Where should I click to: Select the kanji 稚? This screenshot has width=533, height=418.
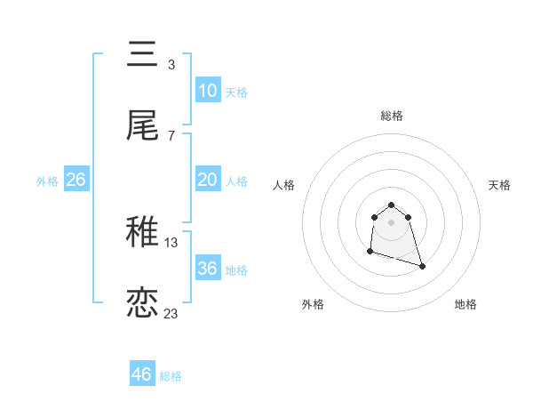coord(142,234)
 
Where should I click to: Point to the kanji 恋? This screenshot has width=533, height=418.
coord(142,302)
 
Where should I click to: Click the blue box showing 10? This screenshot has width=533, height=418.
coord(207,91)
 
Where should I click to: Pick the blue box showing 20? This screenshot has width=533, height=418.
coord(207,180)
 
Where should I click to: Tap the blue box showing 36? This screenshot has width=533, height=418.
coord(207,269)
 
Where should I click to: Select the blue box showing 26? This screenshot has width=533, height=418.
coord(76,180)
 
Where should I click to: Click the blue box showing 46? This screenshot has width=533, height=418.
coord(141,374)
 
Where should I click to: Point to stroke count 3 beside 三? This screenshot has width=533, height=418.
coord(171,64)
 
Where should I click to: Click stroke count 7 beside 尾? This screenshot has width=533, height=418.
coord(171,135)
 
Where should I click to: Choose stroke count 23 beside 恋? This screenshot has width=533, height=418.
coord(171,313)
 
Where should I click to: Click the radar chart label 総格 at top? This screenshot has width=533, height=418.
coord(392,116)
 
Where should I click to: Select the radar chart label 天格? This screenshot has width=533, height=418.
coord(499,185)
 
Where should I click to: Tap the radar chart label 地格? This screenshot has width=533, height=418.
coord(465,304)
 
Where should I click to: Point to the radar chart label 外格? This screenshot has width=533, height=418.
coord(313,304)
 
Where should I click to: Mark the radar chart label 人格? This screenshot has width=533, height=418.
coord(284,185)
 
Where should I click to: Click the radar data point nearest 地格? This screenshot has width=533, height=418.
coord(422,266)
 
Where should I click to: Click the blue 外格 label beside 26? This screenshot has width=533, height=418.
coord(47,181)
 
